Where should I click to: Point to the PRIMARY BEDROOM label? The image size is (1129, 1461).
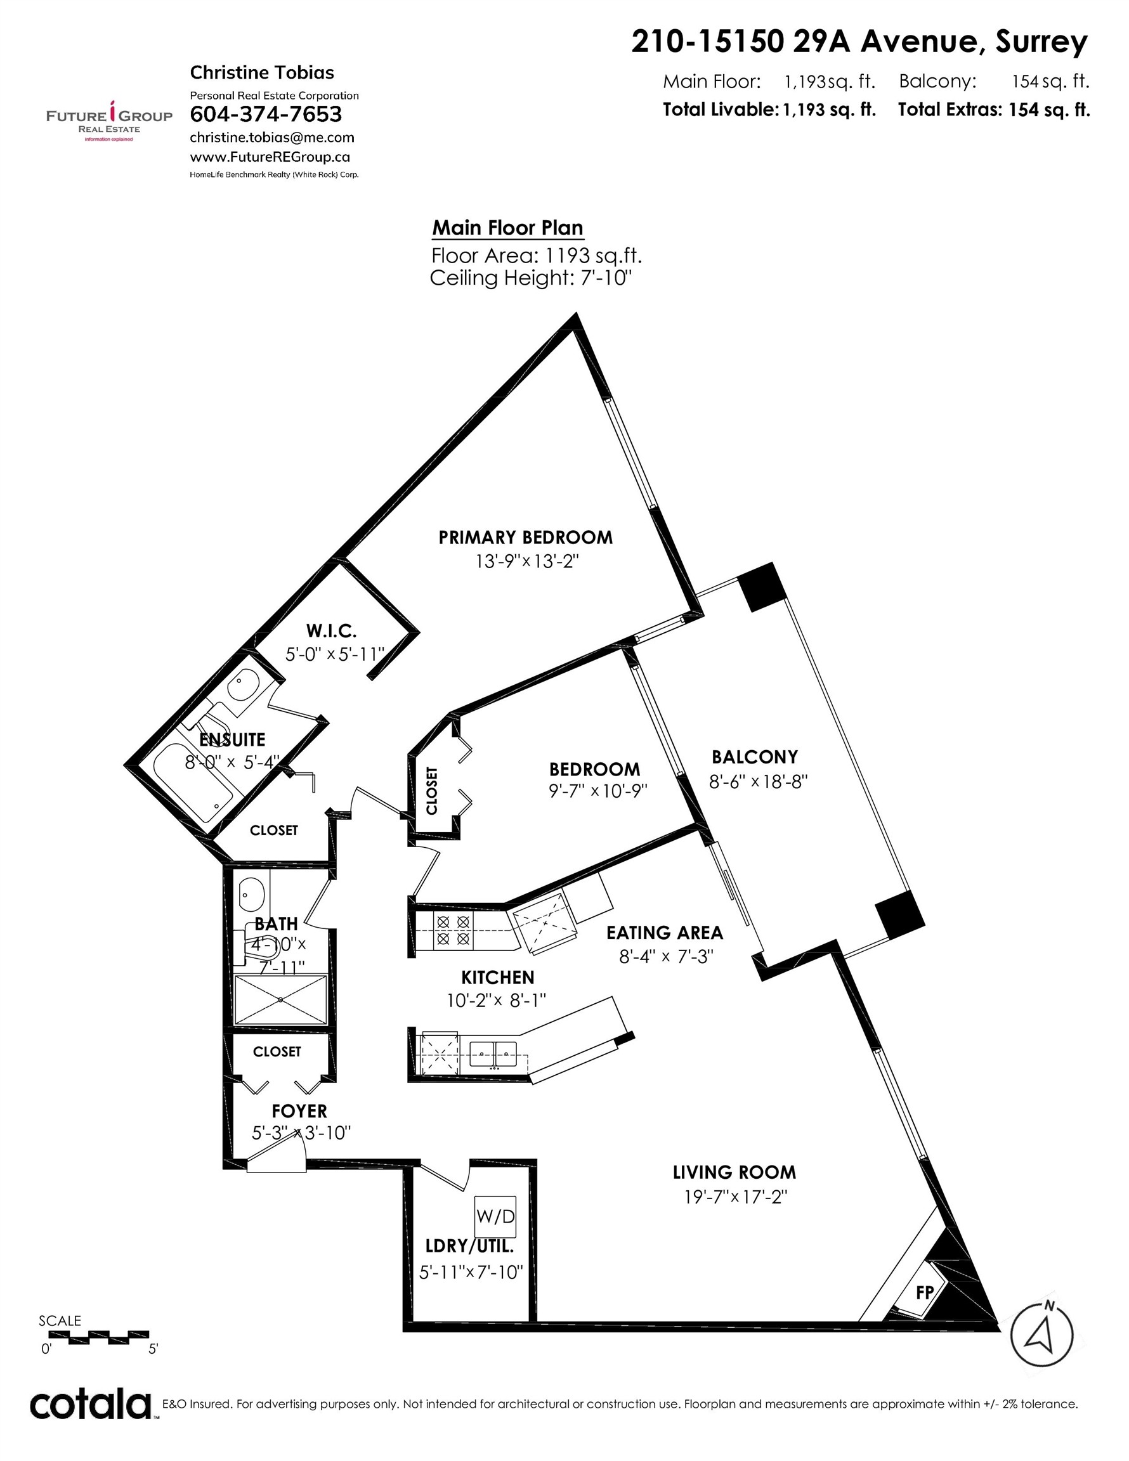pyautogui.click(x=525, y=537)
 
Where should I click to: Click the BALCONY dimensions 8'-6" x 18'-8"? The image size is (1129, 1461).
pyautogui.click(x=758, y=781)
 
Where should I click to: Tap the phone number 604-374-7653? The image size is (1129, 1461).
pyautogui.click(x=266, y=114)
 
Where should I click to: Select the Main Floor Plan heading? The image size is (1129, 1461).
pyautogui.click(x=507, y=228)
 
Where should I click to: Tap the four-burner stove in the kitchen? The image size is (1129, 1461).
pyautogui.click(x=452, y=930)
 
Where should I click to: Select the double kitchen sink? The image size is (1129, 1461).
pyautogui.click(x=495, y=1055)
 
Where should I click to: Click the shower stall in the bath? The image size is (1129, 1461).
pyautogui.click(x=280, y=999)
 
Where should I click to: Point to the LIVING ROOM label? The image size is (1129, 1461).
pyautogui.click(x=734, y=1172)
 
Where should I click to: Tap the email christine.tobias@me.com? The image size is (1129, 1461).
pyautogui.click(x=271, y=138)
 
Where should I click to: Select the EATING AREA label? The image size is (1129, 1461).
pyautogui.click(x=665, y=933)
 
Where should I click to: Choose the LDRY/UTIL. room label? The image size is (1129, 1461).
pyautogui.click(x=470, y=1245)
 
